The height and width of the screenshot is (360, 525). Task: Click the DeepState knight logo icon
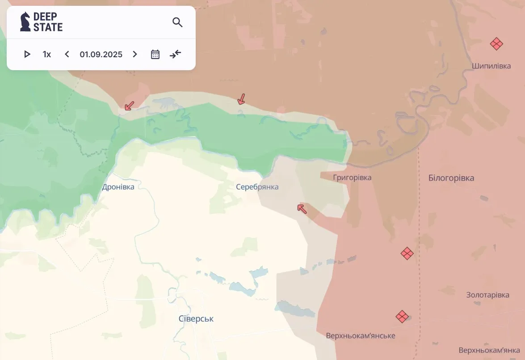point(25,22)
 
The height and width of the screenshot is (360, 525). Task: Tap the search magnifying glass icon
point(177,22)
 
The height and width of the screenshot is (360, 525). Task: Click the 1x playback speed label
point(47,55)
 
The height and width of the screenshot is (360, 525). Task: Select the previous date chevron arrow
point(67,55)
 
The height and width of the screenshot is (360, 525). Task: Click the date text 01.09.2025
point(101,55)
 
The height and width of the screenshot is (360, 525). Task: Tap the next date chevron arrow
point(135,55)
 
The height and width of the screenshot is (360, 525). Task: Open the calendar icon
point(155,55)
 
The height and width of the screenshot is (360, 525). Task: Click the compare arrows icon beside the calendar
point(176,55)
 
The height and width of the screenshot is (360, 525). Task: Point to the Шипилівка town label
point(491,66)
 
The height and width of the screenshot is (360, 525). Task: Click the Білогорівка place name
point(451,178)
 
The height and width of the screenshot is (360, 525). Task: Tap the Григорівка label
point(352,178)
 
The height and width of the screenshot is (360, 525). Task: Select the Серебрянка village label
point(257,187)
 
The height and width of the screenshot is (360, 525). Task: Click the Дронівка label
point(118,187)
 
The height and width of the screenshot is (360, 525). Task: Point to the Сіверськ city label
point(196,319)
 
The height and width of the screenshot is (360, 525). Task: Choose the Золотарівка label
point(487,295)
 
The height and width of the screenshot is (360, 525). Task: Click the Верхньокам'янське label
point(361,336)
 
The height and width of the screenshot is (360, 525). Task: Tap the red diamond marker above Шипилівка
point(496,44)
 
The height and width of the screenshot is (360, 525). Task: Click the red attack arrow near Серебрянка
point(302,208)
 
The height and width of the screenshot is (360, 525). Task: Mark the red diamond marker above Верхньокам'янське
point(402,317)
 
